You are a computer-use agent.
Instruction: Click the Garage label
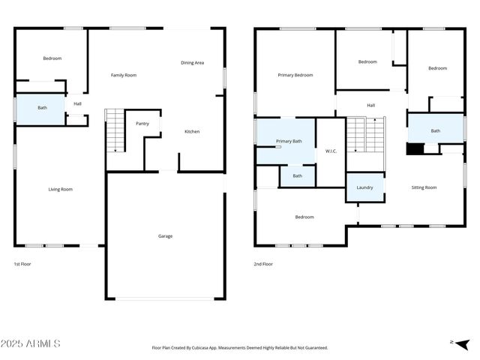pos(165,236)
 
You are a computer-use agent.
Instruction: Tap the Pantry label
pos(142,123)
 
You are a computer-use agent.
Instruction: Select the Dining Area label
pos(192,63)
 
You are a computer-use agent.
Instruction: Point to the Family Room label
pos(124,75)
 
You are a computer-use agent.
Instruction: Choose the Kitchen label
pos(192,132)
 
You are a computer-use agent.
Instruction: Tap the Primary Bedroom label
pos(295,75)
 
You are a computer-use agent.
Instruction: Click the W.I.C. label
pos(331,151)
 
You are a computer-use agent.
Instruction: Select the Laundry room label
pos(364,187)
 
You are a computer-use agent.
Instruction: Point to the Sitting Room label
pos(424,187)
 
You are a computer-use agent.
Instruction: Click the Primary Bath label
pos(289,141)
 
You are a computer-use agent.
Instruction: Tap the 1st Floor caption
pos(22,264)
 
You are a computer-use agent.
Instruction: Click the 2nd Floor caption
pos(263,264)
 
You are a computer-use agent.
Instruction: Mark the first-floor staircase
pos(114,130)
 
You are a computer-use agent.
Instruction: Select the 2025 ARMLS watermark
pos(31,343)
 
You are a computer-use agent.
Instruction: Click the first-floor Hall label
pos(77,103)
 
